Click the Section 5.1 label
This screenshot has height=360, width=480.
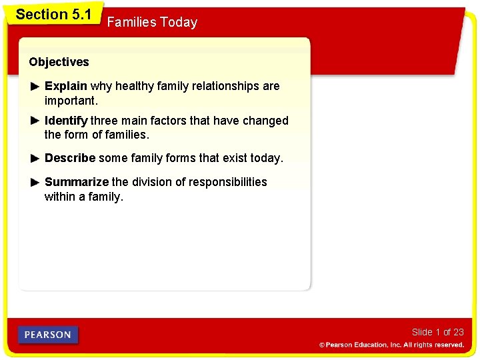(x=53, y=14)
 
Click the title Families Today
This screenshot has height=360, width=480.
(x=152, y=23)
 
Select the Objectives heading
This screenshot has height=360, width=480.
(x=59, y=62)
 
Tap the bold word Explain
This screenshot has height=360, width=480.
(x=65, y=86)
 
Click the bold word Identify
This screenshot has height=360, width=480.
(x=65, y=121)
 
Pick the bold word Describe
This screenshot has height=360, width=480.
(x=69, y=158)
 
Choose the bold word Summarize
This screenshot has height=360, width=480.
(x=76, y=182)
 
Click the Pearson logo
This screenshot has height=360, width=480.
(x=48, y=335)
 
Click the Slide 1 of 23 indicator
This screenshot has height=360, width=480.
(x=437, y=332)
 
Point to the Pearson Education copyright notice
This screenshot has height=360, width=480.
(x=391, y=345)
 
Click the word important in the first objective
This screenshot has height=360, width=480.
(x=70, y=101)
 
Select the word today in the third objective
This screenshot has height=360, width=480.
(x=266, y=158)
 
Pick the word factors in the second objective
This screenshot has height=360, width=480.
(x=161, y=121)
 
